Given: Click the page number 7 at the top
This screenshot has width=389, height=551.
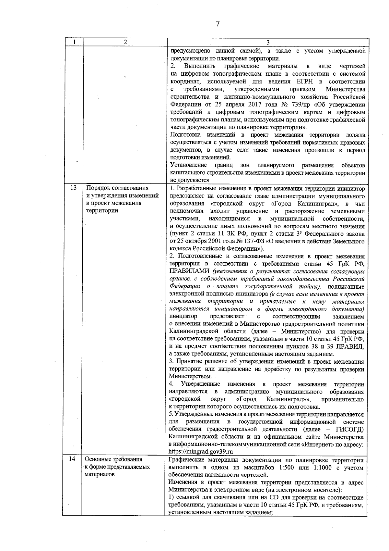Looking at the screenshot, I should click(218, 24).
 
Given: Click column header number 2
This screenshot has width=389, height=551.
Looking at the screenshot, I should click(125, 42).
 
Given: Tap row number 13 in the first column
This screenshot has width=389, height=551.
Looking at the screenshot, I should click(73, 188).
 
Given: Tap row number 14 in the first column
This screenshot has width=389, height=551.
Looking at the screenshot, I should click(73, 459).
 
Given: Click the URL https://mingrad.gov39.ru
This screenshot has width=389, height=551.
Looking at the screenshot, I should click(201, 451).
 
